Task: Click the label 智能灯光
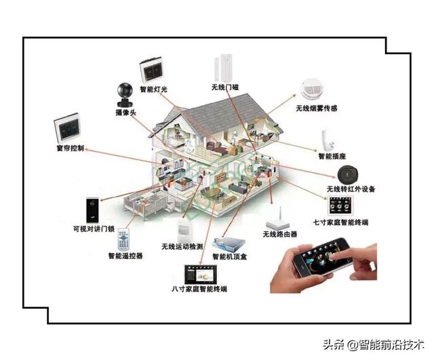point(153,89)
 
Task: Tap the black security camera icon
point(126,90)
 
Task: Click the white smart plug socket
point(330,139)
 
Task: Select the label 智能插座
point(333,156)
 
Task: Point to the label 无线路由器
point(279,235)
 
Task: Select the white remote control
point(123,239)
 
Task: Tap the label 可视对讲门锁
point(94,229)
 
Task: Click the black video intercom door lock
point(93,209)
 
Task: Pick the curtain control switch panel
point(68,128)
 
